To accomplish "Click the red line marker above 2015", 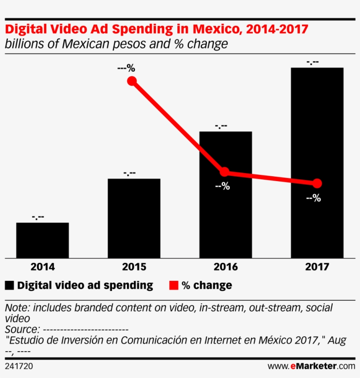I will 132,81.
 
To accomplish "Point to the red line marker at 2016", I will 225,172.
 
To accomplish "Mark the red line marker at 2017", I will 317,183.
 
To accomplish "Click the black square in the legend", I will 9,286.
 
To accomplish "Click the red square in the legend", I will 174,286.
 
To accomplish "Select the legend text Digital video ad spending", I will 85,285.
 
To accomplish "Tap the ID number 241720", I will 19,366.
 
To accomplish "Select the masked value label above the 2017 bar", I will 313,62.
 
